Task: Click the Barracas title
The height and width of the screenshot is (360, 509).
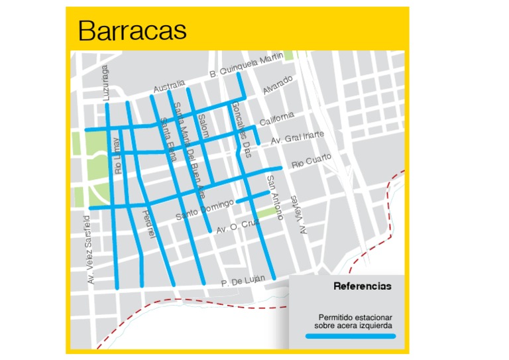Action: [132, 30]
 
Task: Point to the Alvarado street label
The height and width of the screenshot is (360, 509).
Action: [277, 85]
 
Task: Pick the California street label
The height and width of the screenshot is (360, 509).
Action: [276, 119]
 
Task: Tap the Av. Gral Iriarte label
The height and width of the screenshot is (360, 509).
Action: [298, 138]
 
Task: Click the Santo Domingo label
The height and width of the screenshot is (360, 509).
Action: [205, 210]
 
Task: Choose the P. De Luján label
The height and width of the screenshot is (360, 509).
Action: [243, 281]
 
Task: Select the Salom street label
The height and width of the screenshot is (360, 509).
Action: [203, 123]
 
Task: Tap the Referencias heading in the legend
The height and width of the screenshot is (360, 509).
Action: [362, 286]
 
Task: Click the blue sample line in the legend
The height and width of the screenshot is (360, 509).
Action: [350, 336]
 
